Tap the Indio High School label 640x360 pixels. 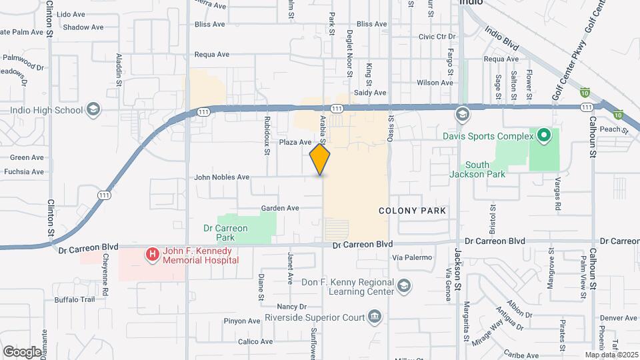(46, 110)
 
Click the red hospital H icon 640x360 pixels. (153, 254)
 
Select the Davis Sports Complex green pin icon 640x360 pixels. (543, 136)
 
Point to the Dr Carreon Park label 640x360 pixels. (225, 232)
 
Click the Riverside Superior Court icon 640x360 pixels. (375, 315)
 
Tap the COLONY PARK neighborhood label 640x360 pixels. (412, 211)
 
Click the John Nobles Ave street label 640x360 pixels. (221, 177)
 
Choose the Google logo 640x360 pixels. (22, 351)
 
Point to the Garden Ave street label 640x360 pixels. (280, 208)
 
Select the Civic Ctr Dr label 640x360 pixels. (437, 37)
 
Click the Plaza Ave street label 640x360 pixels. (295, 142)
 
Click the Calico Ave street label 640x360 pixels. (256, 341)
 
